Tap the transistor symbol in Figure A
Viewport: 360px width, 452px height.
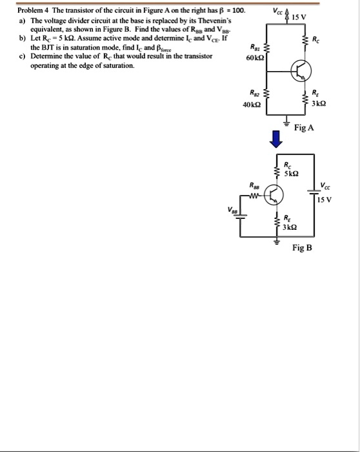pos(299,72)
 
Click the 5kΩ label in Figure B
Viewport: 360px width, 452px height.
pos(291,174)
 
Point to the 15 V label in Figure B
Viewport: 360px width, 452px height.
pos(325,199)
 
